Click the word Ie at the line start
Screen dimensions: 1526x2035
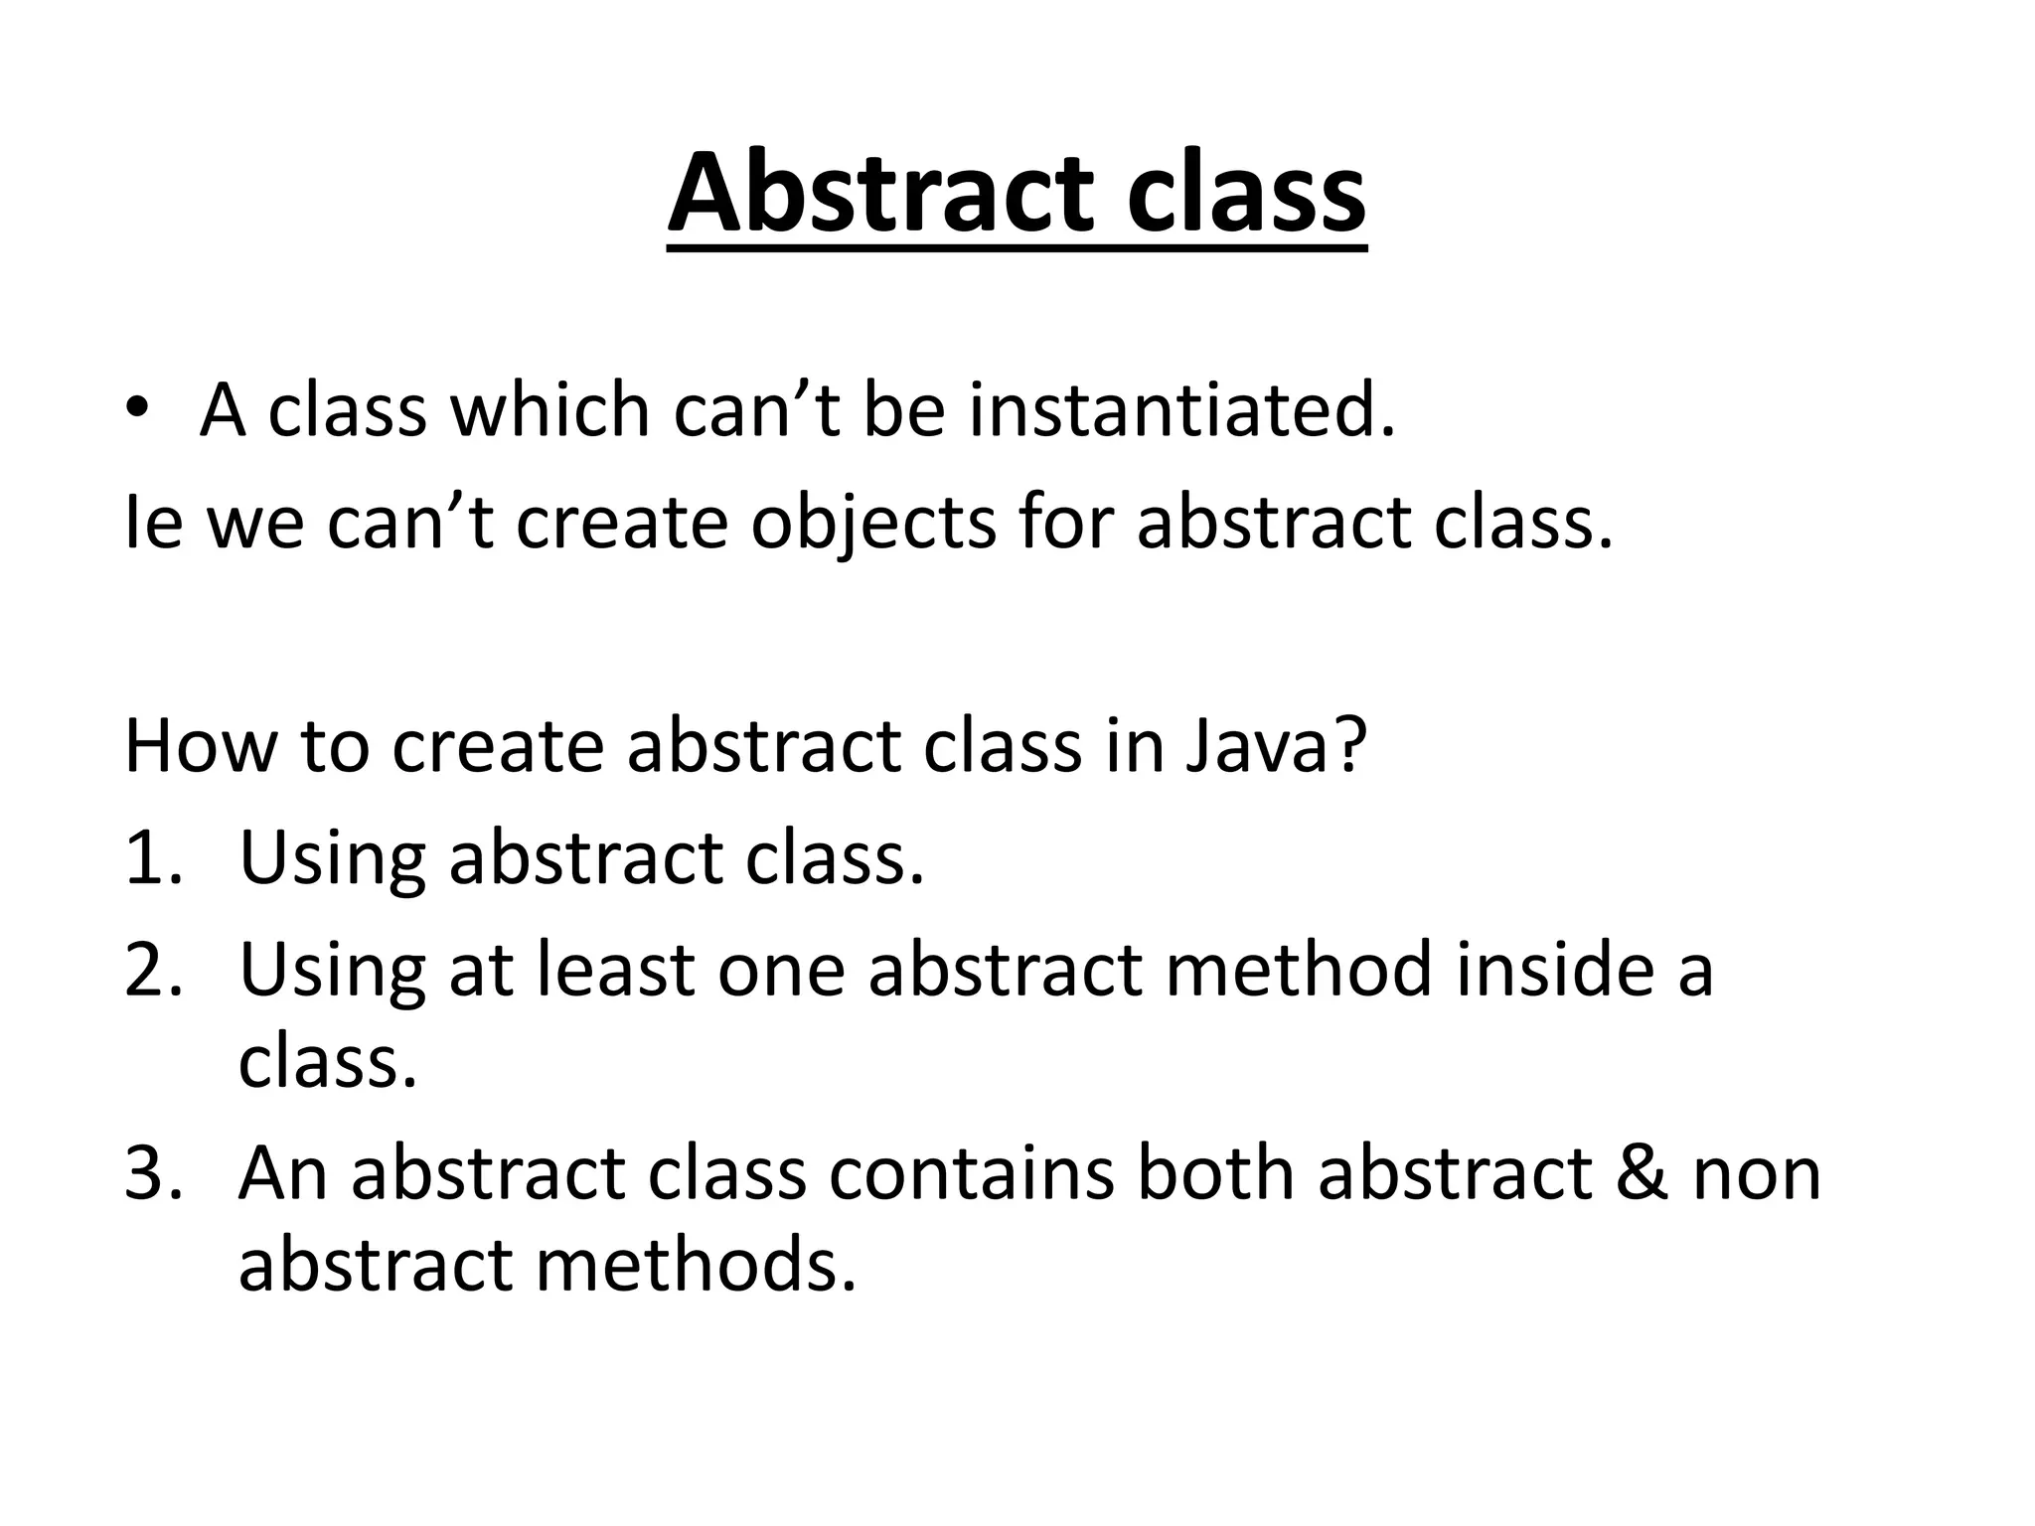[x=154, y=524]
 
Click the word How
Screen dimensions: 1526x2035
[x=199, y=747]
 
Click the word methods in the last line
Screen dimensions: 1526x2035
[x=696, y=1266]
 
